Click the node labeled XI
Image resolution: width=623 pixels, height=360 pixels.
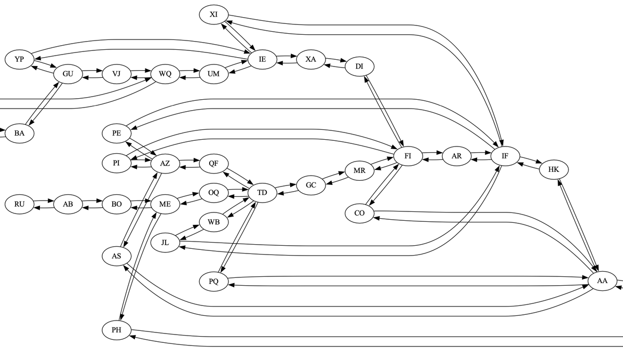[x=213, y=15]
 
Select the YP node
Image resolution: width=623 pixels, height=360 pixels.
[x=19, y=59]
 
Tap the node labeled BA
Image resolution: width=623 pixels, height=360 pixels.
[x=19, y=134]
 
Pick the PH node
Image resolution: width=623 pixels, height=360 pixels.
[x=116, y=330]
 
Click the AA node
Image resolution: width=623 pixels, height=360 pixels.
[x=602, y=281]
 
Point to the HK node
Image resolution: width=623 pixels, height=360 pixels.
[x=553, y=170]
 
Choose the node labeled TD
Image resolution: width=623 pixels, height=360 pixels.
[x=262, y=193]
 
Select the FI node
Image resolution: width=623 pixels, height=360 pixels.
[x=408, y=156]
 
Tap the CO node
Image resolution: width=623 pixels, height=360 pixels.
[x=359, y=214]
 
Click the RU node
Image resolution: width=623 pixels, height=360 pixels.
[x=19, y=204]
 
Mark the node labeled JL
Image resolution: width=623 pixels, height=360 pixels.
[x=165, y=243]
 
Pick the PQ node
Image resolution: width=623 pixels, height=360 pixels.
[x=213, y=282]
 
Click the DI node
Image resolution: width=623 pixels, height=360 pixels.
[x=359, y=66]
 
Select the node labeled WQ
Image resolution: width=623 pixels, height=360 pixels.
[x=165, y=74]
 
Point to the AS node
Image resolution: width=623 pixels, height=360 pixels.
[x=116, y=256]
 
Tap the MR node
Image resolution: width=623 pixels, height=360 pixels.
[x=359, y=171]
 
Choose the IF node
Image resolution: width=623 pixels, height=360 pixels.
[x=505, y=156]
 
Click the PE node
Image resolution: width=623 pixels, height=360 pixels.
[x=116, y=134]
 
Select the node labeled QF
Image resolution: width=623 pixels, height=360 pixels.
[x=213, y=163]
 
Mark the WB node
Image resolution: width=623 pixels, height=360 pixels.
[x=213, y=223]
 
